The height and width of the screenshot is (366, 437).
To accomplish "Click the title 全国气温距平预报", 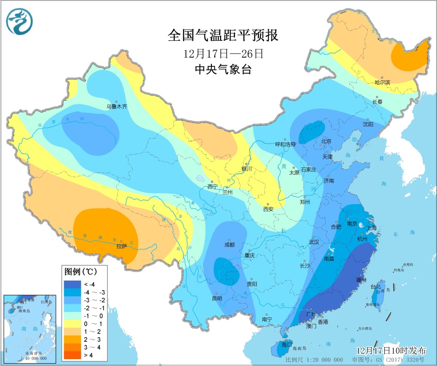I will (223, 35).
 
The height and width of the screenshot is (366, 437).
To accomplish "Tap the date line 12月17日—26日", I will (223, 54).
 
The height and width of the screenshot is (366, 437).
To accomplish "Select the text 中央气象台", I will (223, 70).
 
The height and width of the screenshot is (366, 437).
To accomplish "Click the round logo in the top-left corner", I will (20, 22).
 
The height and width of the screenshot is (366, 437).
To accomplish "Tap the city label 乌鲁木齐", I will (116, 107).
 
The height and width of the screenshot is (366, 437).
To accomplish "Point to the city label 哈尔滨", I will (382, 83).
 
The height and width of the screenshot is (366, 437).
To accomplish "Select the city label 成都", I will (229, 245).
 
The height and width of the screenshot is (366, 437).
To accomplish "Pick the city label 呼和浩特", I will (286, 145).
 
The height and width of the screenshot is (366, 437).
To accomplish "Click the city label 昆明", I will (216, 298).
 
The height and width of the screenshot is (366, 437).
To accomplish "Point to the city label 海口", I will (288, 344).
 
